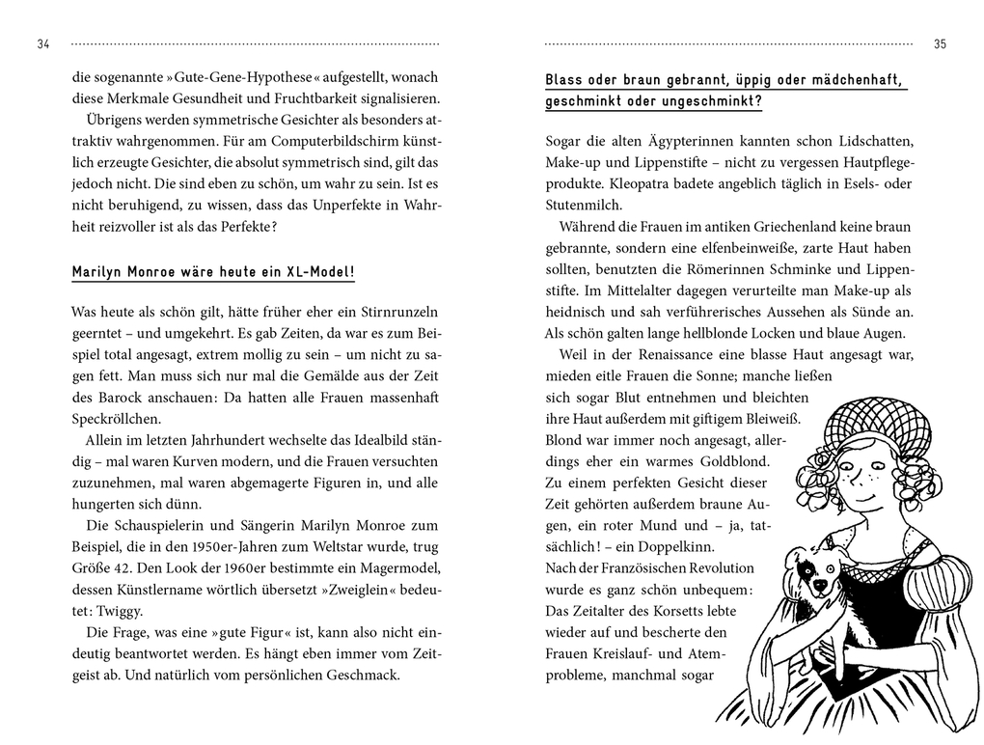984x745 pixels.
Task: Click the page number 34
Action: coord(42,44)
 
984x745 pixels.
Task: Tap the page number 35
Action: coord(941,44)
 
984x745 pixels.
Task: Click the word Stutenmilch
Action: coord(585,205)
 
